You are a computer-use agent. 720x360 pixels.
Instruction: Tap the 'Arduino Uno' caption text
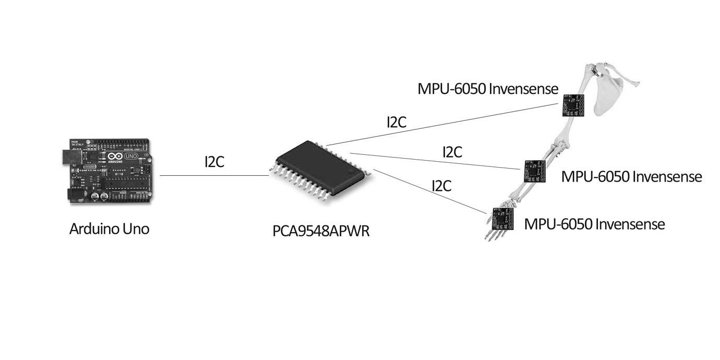pyautogui.click(x=109, y=229)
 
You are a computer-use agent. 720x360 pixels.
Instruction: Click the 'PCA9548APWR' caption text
pyautogui.click(x=321, y=231)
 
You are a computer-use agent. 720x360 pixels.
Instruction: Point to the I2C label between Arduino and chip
pyautogui.click(x=214, y=162)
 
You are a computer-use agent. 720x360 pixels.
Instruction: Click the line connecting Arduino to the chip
pyautogui.click(x=214, y=176)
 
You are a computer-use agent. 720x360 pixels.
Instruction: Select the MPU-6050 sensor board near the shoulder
pyautogui.click(x=574, y=105)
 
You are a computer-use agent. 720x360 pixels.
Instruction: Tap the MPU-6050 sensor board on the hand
pyautogui.click(x=503, y=219)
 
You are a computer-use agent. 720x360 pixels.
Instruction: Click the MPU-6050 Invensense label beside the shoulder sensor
pyautogui.click(x=488, y=89)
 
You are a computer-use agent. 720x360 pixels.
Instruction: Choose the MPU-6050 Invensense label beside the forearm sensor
pyautogui.click(x=631, y=177)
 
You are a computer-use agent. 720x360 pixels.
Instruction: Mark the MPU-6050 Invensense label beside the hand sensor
pyautogui.click(x=594, y=224)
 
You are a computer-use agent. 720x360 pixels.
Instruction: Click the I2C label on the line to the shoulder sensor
pyautogui.click(x=397, y=123)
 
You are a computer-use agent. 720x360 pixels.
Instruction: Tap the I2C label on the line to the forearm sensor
pyautogui.click(x=452, y=152)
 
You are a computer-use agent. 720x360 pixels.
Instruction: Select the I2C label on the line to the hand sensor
pyautogui.click(x=441, y=186)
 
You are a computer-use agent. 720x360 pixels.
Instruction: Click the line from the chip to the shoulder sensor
pyautogui.click(x=443, y=124)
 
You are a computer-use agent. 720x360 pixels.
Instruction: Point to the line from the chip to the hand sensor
pyautogui.click(x=428, y=191)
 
